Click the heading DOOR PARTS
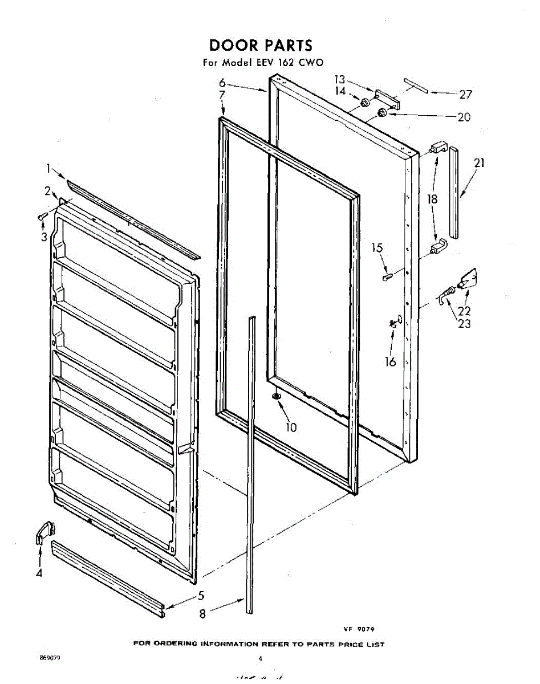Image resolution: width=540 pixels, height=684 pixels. coord(260,45)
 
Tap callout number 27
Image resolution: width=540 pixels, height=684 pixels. coord(465,95)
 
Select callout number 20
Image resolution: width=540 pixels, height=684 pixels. coord(464,117)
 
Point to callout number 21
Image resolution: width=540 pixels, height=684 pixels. coord(479,164)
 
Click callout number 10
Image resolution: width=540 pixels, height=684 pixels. coord(291,427)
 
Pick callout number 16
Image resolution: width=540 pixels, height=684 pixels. coord(390,361)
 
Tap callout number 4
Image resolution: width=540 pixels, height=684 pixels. coord(39,573)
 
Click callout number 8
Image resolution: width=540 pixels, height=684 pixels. coord(202,614)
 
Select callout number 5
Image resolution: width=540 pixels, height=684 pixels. coord(201,596)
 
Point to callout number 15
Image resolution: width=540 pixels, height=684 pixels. coord(377,249)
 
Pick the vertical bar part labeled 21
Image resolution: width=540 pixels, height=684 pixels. coord(454,193)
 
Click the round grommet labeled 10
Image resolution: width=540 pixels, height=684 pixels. coord(277,397)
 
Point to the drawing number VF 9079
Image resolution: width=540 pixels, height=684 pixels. coord(358,629)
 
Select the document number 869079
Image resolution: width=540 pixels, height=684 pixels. coord(50,658)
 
